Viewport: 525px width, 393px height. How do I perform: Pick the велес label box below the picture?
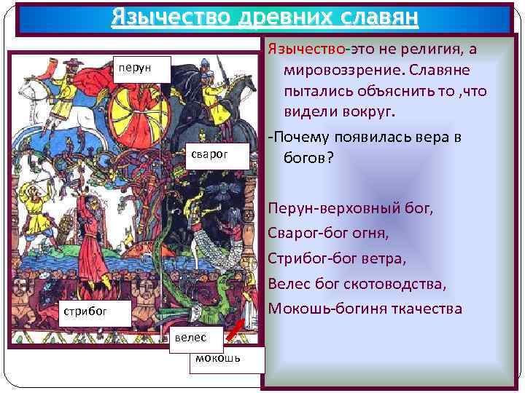pyautogui.click(x=192, y=337)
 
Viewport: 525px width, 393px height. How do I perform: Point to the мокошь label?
pyautogui.click(x=218, y=357)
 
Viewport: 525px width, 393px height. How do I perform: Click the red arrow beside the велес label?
pyautogui.click(x=233, y=328)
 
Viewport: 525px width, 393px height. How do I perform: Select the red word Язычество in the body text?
pyautogui.click(x=306, y=48)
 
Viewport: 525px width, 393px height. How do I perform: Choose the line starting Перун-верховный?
pyautogui.click(x=350, y=209)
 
